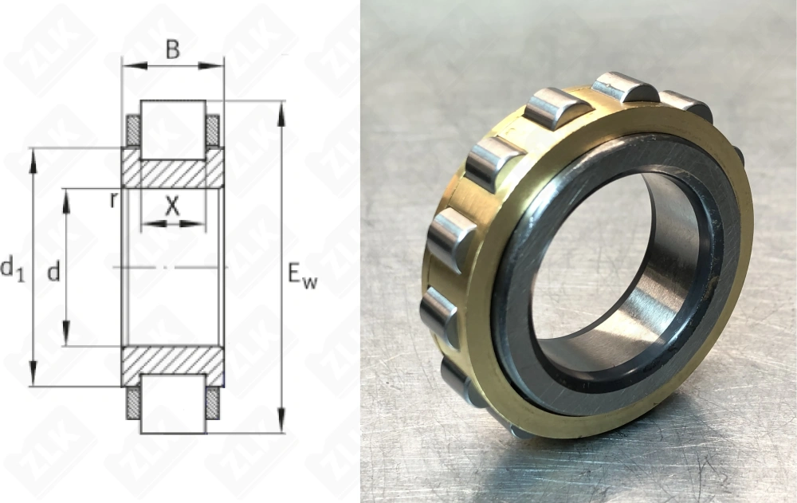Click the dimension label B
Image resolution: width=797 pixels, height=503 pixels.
point(172,49)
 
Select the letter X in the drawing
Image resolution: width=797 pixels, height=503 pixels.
point(172,206)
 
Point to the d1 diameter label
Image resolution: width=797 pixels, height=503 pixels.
point(12,269)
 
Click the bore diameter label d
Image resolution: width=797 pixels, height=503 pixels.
point(53,273)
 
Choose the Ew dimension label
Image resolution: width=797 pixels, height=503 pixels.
point(302,277)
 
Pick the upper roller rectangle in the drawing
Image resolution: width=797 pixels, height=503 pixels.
point(173,128)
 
